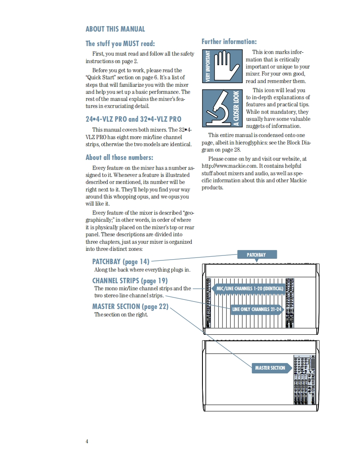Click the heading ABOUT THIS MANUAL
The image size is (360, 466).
pyautogui.click(x=115, y=29)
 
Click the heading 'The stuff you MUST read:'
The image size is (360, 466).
pyautogui.click(x=120, y=44)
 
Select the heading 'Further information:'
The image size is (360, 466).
pyautogui.click(x=229, y=42)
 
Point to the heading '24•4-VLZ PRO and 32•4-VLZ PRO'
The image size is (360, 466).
pyautogui.click(x=133, y=119)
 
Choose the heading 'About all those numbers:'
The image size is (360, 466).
pyautogui.click(x=119, y=157)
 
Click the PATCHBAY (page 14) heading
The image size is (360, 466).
pyautogui.click(x=121, y=262)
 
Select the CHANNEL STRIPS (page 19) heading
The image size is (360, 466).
pyautogui.click(x=130, y=281)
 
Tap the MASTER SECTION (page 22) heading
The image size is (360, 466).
pyautogui.click(x=130, y=307)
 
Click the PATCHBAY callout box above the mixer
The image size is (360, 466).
pyautogui.click(x=256, y=255)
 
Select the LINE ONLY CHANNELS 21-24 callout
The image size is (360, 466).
pyautogui.click(x=256, y=309)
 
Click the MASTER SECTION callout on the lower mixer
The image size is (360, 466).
pyautogui.click(x=270, y=368)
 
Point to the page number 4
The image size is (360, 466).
pyautogui.click(x=87, y=441)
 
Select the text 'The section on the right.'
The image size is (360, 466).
pyautogui.click(x=121, y=314)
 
